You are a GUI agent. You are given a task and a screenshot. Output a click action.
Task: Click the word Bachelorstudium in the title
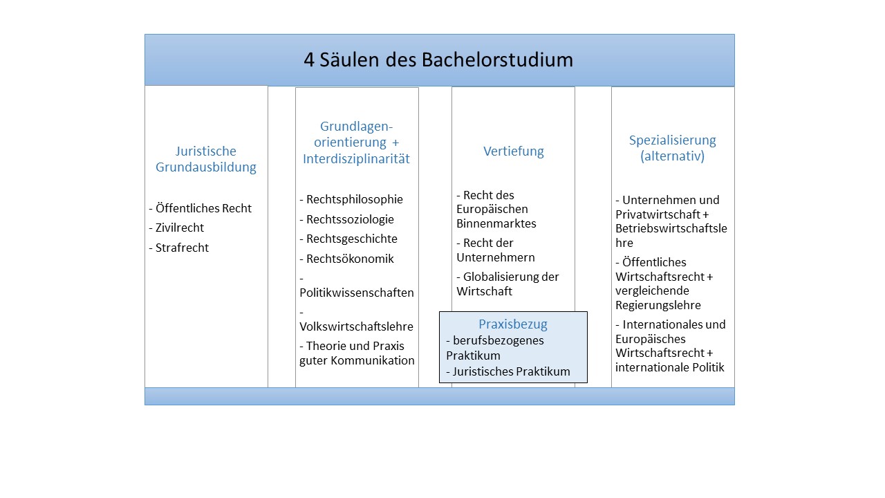pos(497,60)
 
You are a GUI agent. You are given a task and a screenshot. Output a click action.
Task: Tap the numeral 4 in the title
pos(309,60)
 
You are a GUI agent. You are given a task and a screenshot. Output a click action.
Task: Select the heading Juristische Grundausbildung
pos(206,159)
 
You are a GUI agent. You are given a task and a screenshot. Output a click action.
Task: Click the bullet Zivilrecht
pos(176,228)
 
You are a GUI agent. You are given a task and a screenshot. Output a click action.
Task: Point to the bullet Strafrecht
pos(178,248)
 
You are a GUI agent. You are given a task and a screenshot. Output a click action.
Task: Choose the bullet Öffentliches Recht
pos(200,208)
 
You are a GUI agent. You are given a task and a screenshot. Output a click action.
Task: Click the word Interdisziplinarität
pos(356,159)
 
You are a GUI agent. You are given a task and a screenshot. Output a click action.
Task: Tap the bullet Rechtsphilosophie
pos(351,199)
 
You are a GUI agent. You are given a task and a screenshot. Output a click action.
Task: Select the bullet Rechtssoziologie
pos(346,219)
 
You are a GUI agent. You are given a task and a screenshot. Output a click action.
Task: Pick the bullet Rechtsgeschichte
pos(348,239)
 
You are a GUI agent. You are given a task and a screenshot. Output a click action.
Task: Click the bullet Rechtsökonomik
pos(346,259)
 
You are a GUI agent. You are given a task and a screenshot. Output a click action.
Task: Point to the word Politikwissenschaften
pos(357,293)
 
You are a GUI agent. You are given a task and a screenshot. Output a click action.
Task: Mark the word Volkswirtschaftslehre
pos(356,326)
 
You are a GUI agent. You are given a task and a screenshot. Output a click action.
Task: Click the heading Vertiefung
pos(514,151)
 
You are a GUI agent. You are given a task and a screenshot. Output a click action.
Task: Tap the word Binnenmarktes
pos(496,223)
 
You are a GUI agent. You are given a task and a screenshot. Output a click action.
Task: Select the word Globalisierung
pos(500,277)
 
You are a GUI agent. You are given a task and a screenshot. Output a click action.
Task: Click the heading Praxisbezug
pos(513,324)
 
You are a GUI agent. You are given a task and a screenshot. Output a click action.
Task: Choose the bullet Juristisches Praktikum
pos(508,371)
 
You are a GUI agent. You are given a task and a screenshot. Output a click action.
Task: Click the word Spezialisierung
pos(673,140)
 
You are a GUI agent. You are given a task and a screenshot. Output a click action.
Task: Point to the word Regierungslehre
pos(658,305)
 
